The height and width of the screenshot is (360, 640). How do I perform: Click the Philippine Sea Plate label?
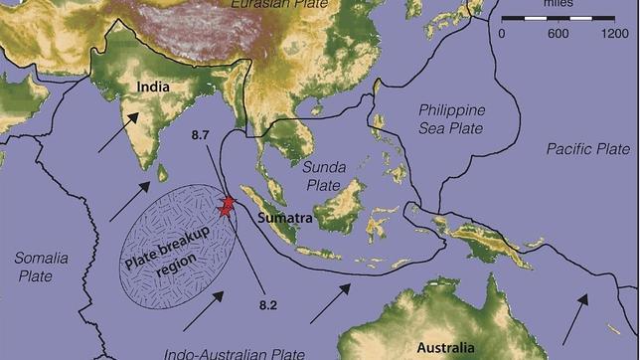click(449, 118)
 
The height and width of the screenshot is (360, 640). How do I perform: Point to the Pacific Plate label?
click(588, 148)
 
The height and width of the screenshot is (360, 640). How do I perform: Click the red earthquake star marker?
click(228, 207)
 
